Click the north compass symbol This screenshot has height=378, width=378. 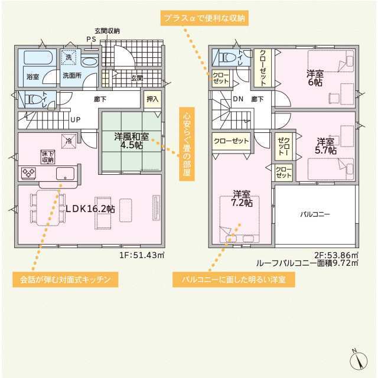tap(359, 360)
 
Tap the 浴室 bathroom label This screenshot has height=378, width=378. tap(33, 77)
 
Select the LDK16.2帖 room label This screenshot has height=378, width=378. tap(90, 208)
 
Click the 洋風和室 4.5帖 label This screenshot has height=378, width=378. tap(132, 141)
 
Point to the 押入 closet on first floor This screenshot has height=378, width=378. tap(152, 99)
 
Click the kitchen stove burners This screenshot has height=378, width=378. tap(28, 172)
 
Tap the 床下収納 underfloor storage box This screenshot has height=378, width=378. tap(47, 157)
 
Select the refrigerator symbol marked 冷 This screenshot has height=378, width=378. tap(69, 141)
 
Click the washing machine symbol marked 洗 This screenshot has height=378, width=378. tap(69, 57)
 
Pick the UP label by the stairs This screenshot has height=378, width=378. tap(76, 119)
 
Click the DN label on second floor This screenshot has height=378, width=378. tap(238, 99)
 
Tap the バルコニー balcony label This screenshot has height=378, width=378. tap(315, 214)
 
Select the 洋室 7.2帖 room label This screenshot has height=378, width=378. tap(242, 198)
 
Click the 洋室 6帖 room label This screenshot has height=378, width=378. tap(315, 78)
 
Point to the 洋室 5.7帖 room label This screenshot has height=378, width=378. tap(325, 146)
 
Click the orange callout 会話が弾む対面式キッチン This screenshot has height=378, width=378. tap(66, 279)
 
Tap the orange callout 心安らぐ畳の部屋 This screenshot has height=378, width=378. tap(187, 144)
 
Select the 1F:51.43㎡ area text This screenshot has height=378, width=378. tap(142, 255)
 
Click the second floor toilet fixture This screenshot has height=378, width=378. tap(227, 58)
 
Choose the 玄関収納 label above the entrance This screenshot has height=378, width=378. tap(107, 31)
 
